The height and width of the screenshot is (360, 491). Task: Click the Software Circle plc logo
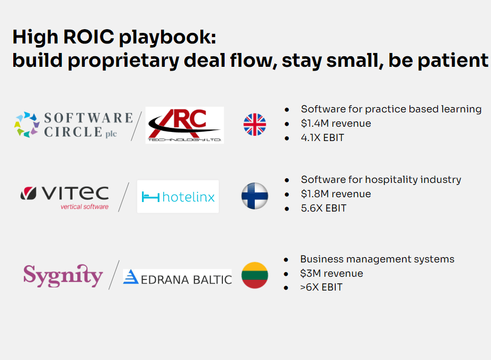point(74,125)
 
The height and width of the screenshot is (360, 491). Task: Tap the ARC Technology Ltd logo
point(185,125)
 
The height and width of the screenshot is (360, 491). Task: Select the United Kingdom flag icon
point(255,125)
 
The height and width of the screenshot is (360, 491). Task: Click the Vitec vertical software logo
point(65,197)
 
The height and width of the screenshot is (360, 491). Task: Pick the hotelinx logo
point(178,197)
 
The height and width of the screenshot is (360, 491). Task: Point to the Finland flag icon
point(255,196)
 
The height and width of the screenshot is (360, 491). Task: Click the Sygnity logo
point(63,275)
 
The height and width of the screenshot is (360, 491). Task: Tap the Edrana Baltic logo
point(177,277)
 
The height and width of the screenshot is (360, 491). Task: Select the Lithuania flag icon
point(255,275)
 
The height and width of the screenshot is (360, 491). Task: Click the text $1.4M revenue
point(336,124)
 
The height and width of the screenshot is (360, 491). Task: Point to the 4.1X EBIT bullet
point(322,137)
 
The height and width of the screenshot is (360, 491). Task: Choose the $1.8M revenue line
point(336,194)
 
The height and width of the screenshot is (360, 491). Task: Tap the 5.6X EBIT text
point(324,208)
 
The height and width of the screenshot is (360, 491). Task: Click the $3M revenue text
point(332,273)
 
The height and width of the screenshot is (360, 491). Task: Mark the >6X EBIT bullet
point(321,287)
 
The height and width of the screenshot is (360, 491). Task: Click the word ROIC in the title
point(88,37)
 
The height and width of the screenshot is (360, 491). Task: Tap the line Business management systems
point(377,259)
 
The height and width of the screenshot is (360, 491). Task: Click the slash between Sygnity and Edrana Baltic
point(114,275)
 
